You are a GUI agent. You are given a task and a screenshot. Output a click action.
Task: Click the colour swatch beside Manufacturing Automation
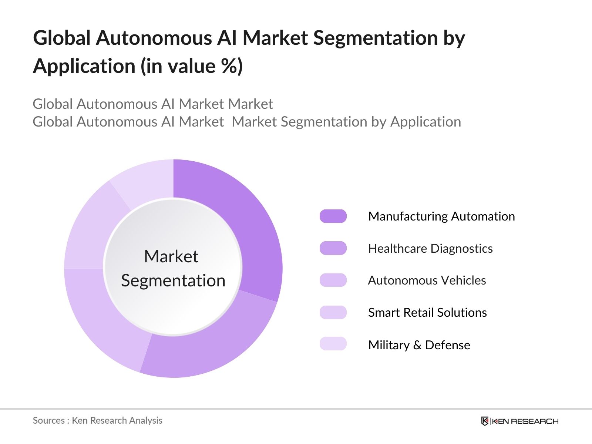[x=333, y=216]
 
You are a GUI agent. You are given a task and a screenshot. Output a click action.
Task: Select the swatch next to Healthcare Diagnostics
[x=333, y=248]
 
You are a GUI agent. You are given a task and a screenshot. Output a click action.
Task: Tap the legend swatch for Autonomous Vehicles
[x=333, y=280]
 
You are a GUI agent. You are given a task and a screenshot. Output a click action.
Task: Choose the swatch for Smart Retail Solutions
[x=333, y=312]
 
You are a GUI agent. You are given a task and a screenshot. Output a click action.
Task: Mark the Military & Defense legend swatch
[x=333, y=344]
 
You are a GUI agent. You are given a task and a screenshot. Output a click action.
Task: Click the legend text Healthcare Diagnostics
[x=430, y=248]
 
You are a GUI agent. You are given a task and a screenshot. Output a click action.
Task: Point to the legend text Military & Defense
[x=419, y=345]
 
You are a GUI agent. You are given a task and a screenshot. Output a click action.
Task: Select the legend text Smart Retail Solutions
[x=427, y=313]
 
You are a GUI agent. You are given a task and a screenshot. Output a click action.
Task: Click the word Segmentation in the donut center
[x=173, y=280]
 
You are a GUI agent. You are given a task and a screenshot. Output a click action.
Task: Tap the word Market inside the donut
[x=171, y=256]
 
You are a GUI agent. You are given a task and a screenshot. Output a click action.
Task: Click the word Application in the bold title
[x=84, y=66]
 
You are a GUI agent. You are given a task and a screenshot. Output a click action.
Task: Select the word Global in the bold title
[x=62, y=38]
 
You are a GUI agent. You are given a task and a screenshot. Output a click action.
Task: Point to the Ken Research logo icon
[x=484, y=421]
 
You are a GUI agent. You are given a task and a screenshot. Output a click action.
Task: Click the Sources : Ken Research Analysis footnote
[x=97, y=420]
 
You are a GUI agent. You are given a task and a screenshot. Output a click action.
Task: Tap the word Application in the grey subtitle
[x=425, y=122]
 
